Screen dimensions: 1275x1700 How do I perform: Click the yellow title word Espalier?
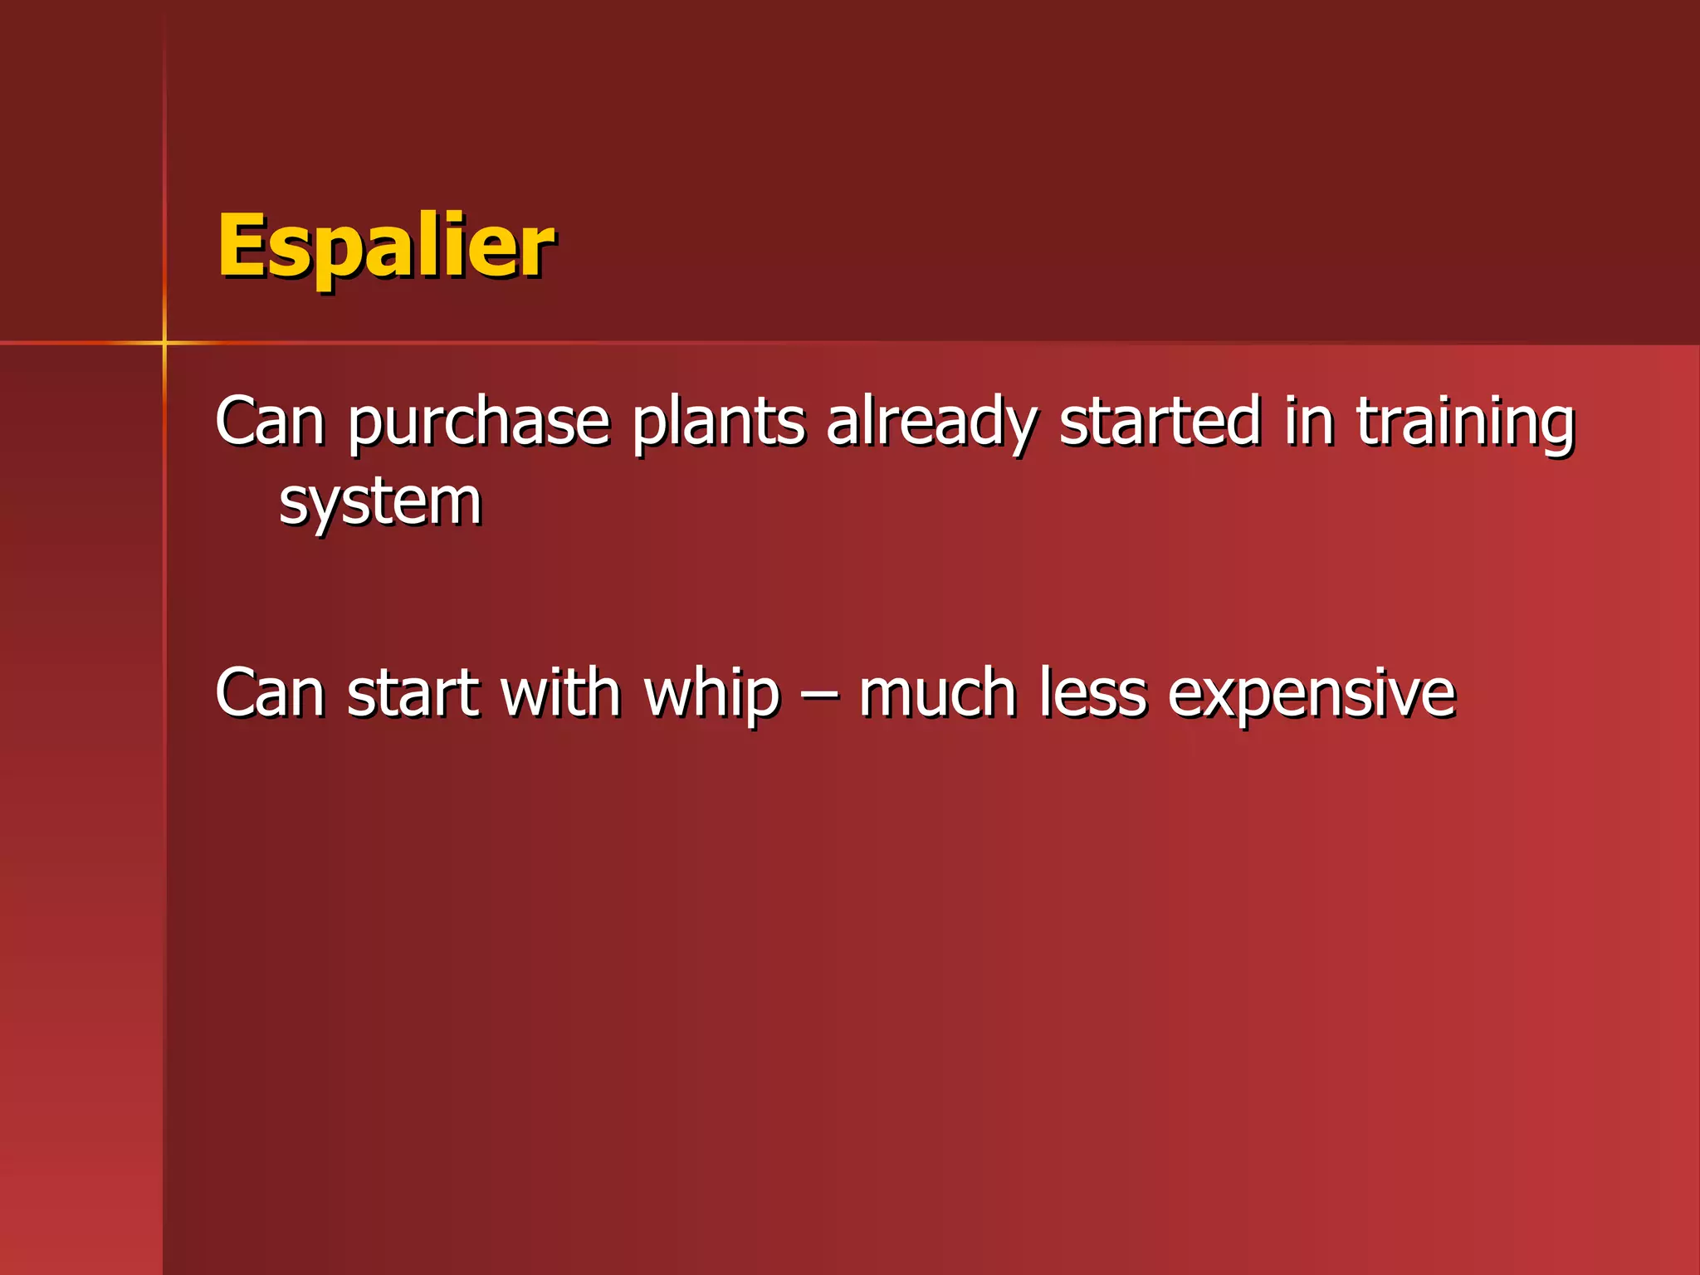[x=385, y=246]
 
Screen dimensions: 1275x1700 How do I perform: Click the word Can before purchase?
[x=269, y=422]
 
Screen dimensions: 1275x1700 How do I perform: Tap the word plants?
[x=718, y=422]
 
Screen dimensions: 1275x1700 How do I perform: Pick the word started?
[x=1160, y=420]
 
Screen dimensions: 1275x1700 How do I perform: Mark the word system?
[x=380, y=503]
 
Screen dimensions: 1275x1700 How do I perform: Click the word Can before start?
[x=269, y=692]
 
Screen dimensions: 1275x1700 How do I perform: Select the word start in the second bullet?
[x=413, y=692]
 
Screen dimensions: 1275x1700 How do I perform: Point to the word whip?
[x=712, y=694]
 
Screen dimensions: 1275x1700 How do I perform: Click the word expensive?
[x=1312, y=694]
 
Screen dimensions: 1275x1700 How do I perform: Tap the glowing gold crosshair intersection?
[x=164, y=342]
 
